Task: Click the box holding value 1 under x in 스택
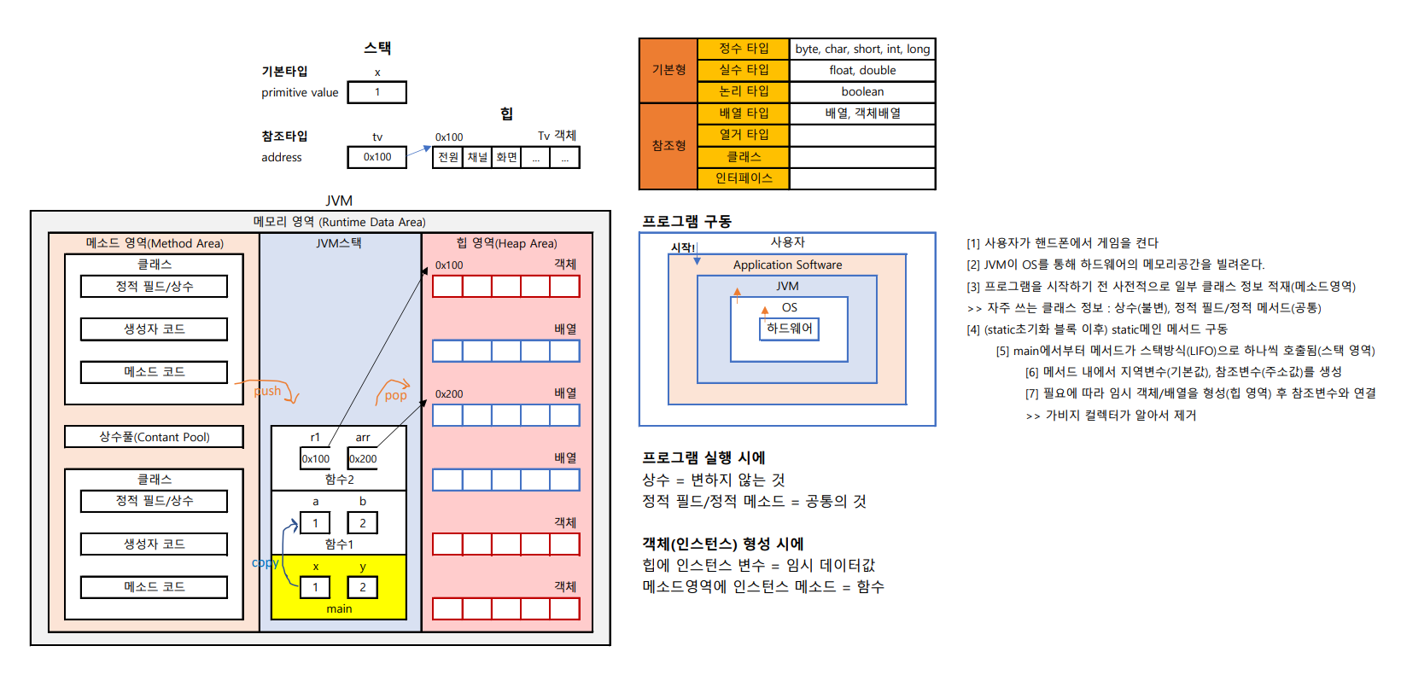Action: (x=377, y=92)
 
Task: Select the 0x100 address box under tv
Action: (x=377, y=157)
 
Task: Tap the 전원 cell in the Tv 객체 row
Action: (x=448, y=157)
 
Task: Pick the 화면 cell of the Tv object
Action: (x=506, y=157)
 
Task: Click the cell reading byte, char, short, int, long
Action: (x=862, y=49)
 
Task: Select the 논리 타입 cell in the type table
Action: (x=744, y=91)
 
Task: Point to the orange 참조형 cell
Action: (x=668, y=146)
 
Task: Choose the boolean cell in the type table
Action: (x=862, y=91)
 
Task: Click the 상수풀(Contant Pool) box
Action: (x=154, y=437)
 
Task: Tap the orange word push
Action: (x=267, y=391)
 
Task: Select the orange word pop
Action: (x=395, y=395)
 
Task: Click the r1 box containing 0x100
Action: (x=315, y=458)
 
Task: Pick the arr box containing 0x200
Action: (x=363, y=458)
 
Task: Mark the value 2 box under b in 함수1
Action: (x=363, y=523)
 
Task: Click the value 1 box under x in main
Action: (x=315, y=587)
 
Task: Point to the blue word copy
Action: (x=265, y=562)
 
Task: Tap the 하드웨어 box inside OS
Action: (x=789, y=329)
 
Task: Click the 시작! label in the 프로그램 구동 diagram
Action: (x=683, y=247)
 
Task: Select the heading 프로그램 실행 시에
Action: (x=703, y=458)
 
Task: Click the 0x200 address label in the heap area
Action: (x=449, y=394)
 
